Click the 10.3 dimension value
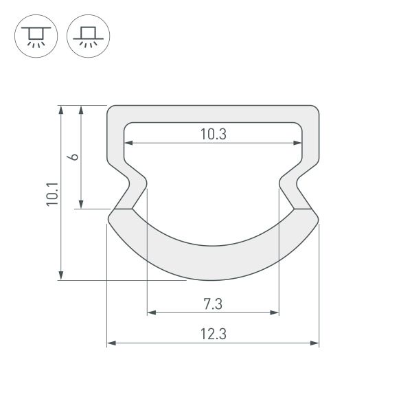pyautogui.click(x=214, y=135)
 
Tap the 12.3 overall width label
pyautogui.click(x=214, y=334)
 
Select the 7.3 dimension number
pyautogui.click(x=214, y=303)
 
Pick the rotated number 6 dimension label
pyautogui.click(x=73, y=157)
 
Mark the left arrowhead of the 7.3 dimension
pyautogui.click(x=151, y=312)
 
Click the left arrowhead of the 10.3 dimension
pyautogui.click(x=128, y=144)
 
